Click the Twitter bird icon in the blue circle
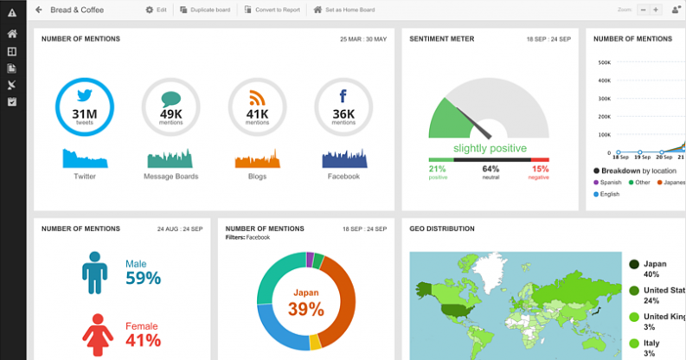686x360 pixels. point(85,96)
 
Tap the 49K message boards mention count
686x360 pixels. point(170,113)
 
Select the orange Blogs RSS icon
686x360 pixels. point(257,97)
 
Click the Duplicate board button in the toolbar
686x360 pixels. point(205,10)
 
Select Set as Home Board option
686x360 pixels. point(343,10)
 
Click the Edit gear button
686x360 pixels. point(156,10)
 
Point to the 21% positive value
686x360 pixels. point(437,169)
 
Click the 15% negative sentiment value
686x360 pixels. point(540,169)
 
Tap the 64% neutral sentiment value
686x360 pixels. point(490,169)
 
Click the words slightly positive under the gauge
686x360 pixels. point(490,148)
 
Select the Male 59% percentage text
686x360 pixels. point(143,278)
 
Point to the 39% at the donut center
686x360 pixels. point(306,309)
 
